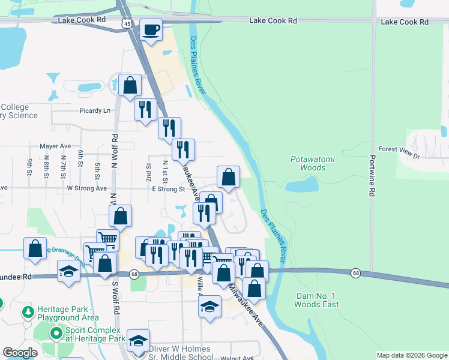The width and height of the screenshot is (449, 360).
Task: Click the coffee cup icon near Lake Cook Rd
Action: (x=151, y=29)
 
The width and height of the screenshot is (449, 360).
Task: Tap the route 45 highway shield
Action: (x=126, y=23)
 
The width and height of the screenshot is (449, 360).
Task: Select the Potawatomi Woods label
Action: (x=308, y=163)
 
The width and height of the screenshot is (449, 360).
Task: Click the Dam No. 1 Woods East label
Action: (x=316, y=300)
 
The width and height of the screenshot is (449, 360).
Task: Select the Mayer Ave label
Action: (x=55, y=146)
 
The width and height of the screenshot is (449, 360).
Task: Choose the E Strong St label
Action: (x=168, y=188)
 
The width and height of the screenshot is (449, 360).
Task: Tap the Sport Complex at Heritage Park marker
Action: (x=56, y=332)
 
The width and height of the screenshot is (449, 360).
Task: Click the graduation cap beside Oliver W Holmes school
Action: (x=138, y=340)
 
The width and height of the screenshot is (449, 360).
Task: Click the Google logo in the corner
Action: (x=20, y=353)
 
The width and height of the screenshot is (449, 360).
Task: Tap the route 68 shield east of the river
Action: (x=356, y=274)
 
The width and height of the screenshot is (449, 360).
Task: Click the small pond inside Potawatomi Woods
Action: (x=302, y=185)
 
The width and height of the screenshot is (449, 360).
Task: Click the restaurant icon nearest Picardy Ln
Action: (x=145, y=109)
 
